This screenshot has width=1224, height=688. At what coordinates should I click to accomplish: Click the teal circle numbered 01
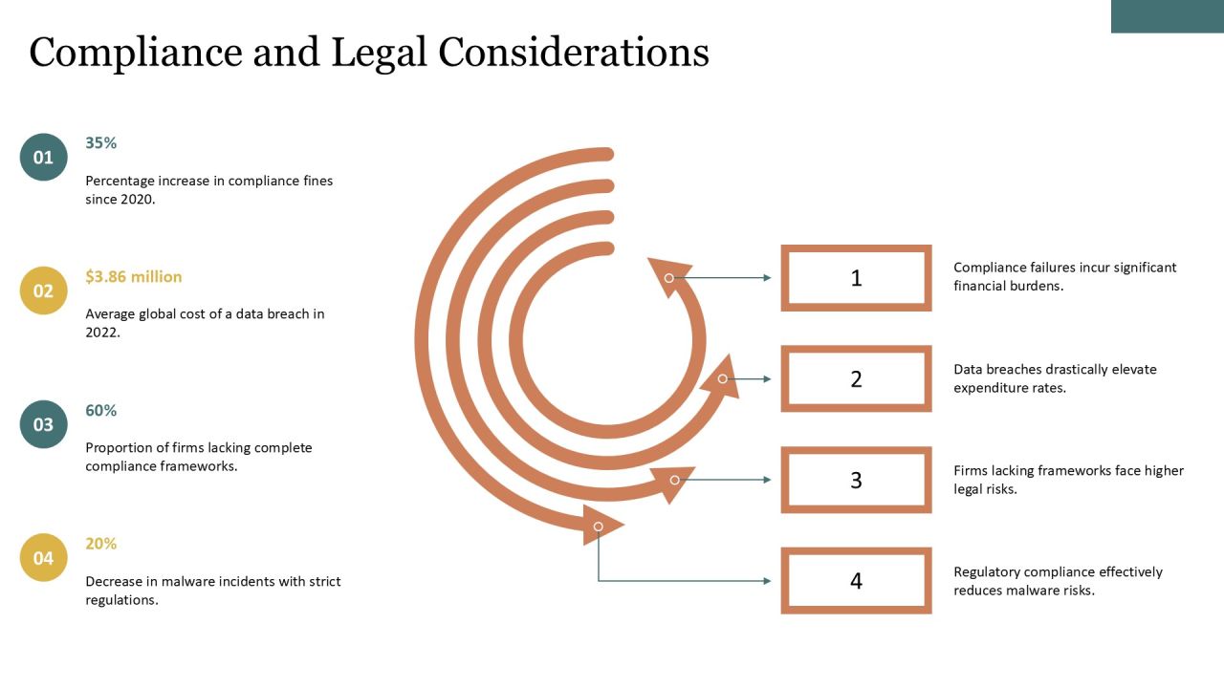[44, 158]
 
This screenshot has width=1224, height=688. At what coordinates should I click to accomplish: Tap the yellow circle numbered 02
[44, 290]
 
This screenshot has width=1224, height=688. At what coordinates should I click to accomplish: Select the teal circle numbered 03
[44, 424]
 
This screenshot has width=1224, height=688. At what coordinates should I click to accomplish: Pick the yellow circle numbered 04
[44, 557]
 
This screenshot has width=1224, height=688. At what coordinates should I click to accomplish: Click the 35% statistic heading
[101, 143]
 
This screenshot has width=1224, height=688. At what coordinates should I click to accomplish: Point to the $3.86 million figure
[133, 277]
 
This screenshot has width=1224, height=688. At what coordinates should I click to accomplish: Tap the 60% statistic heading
[101, 411]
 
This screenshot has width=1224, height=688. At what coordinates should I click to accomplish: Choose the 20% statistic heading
[101, 544]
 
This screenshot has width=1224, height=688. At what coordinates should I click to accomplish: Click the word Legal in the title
[379, 54]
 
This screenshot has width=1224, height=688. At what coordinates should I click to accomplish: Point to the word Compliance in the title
[136, 54]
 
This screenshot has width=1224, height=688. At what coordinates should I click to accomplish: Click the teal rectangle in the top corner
[1168, 16]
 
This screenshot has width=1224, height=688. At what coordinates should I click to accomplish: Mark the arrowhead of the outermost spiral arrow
[600, 526]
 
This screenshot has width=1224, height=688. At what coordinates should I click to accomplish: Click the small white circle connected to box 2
[722, 379]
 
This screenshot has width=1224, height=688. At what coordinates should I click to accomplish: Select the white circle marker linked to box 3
[675, 480]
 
